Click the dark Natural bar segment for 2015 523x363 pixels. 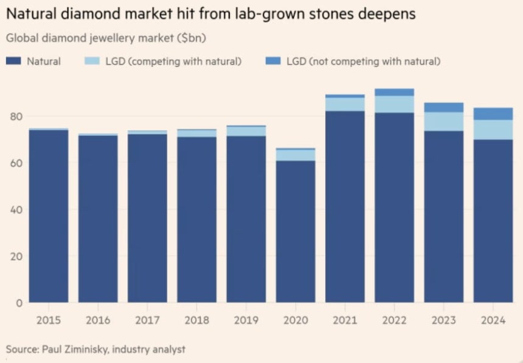click(49, 216)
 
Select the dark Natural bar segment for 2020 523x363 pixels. click(295, 231)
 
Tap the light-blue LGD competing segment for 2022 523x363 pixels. click(393, 104)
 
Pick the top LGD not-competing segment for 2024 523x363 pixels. click(493, 114)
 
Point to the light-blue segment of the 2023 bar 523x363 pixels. click(443, 121)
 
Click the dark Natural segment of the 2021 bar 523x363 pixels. click(344, 207)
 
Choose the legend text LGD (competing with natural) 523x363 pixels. click(173, 61)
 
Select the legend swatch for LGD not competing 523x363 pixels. click(273, 61)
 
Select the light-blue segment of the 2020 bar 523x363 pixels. click(295, 155)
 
